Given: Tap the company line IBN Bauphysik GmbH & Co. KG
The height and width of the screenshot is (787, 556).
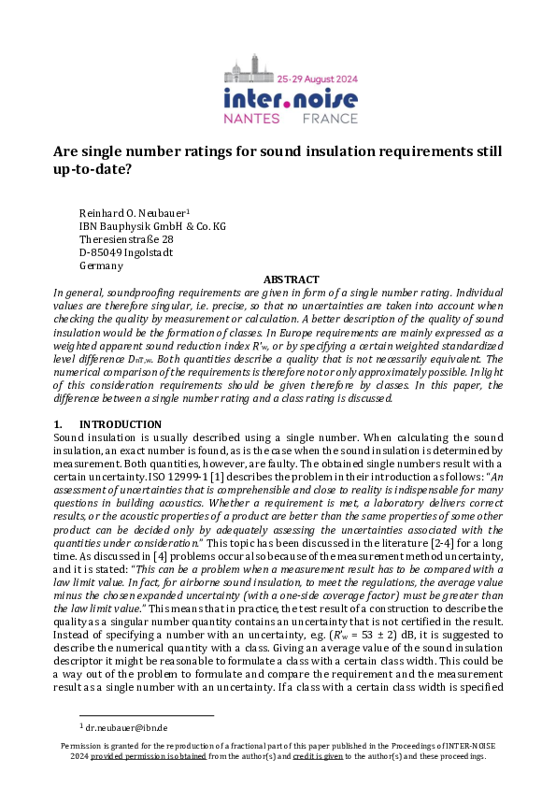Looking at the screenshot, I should [152, 226].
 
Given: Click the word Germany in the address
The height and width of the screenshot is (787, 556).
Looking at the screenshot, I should [101, 265].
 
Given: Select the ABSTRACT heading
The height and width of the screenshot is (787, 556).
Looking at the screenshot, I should [292, 279].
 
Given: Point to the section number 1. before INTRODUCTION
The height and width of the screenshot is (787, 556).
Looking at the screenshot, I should [59, 424].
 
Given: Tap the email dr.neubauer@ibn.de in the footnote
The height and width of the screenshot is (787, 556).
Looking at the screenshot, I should [124, 726].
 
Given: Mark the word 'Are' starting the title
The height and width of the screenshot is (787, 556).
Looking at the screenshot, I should [65, 151].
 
